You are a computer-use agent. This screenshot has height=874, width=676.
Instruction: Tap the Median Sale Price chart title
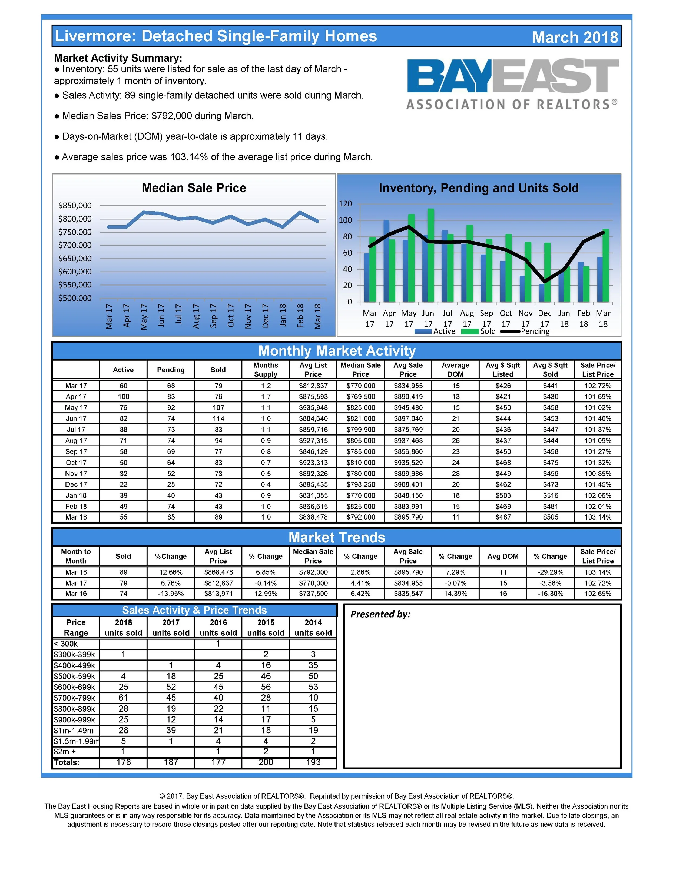point(194,188)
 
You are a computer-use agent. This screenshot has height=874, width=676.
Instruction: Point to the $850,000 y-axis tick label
point(75,206)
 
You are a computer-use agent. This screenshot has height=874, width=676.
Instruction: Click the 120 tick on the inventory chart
point(345,204)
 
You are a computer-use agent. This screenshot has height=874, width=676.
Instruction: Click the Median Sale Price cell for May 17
point(360,408)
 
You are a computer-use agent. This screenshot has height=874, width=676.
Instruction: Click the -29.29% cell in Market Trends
point(550,572)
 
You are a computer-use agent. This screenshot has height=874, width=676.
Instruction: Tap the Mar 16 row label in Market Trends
point(76,594)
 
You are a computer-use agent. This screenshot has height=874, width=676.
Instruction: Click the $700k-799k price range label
point(75,698)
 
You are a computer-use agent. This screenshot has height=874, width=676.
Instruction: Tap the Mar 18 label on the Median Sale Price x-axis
point(317,316)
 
